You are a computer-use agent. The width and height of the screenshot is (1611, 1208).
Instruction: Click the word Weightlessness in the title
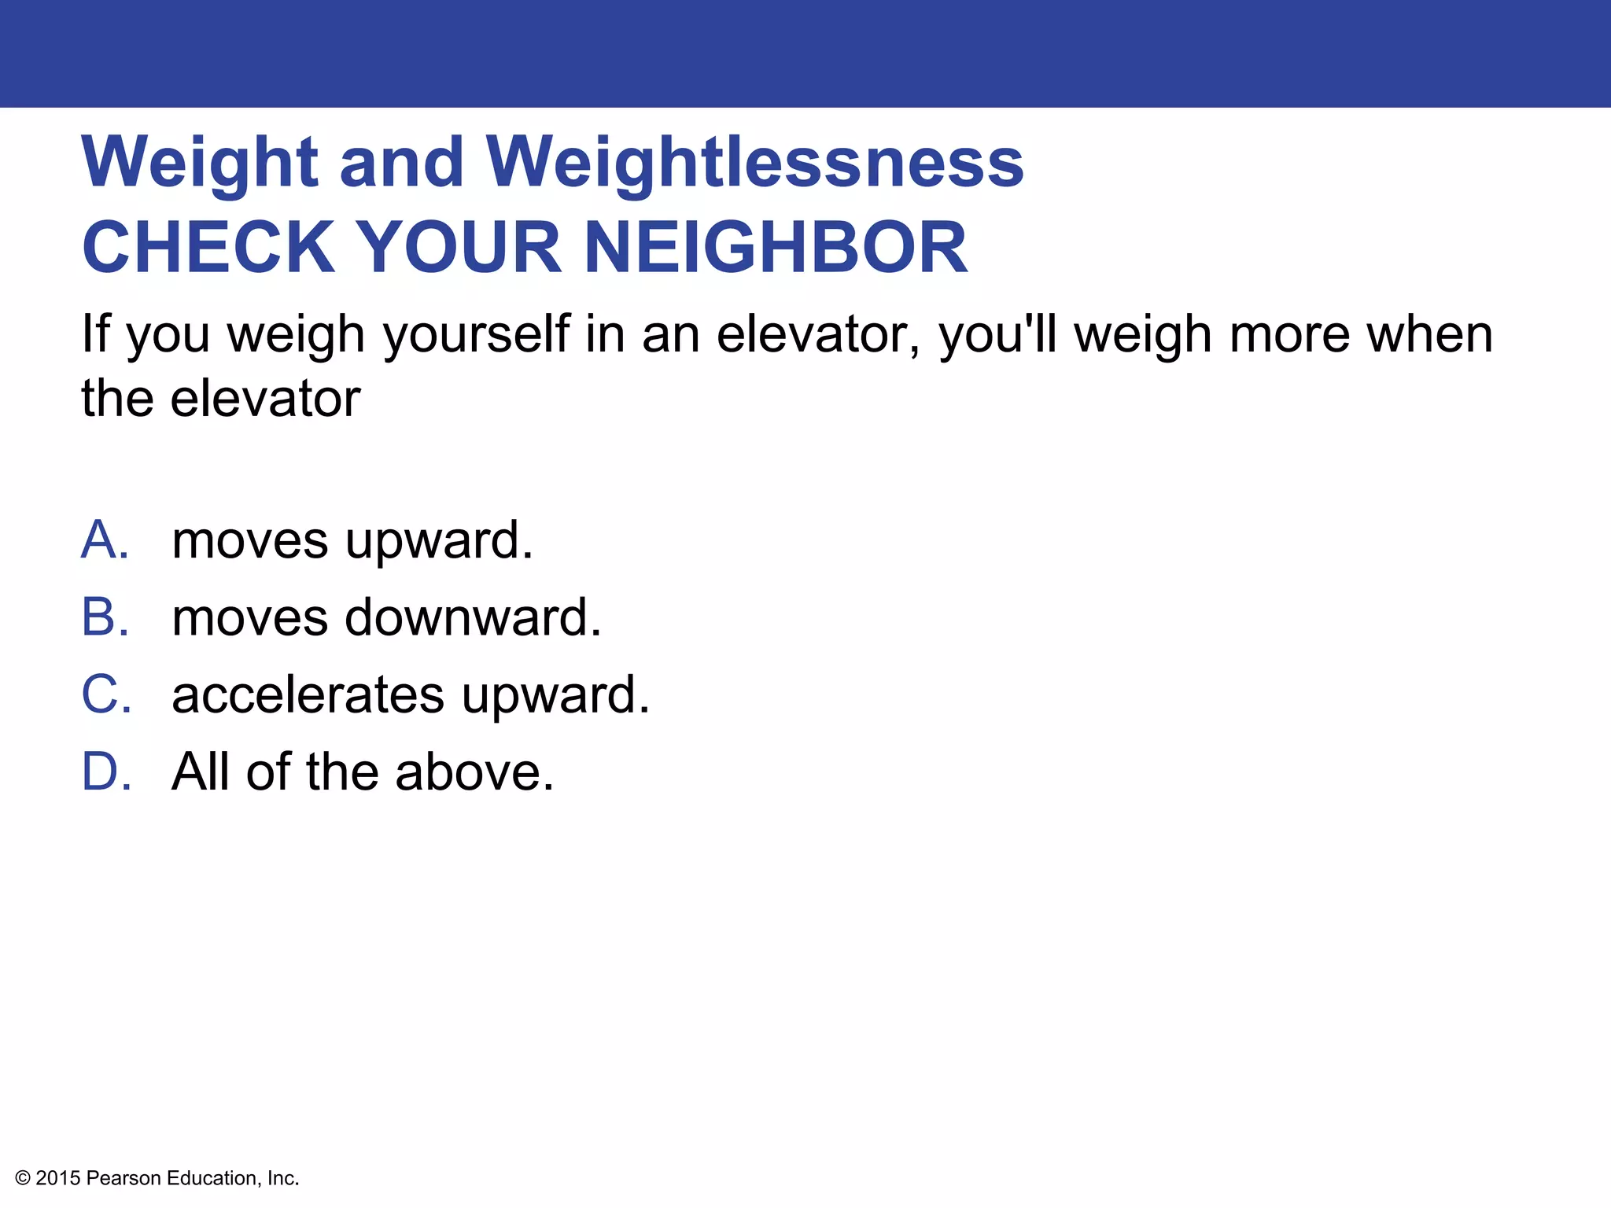(x=754, y=162)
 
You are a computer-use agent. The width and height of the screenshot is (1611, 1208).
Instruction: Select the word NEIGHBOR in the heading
(x=776, y=247)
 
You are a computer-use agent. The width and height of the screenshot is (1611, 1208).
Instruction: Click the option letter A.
(x=105, y=540)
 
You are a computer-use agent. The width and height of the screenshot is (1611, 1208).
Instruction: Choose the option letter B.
(x=105, y=617)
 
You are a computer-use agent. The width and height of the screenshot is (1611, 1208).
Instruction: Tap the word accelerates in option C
(x=308, y=694)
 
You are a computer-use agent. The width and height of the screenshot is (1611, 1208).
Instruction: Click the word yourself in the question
(x=476, y=335)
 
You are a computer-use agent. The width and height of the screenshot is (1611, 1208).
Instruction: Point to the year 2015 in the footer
(x=58, y=1178)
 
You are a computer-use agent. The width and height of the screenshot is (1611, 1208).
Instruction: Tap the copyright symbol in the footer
(x=23, y=1178)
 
